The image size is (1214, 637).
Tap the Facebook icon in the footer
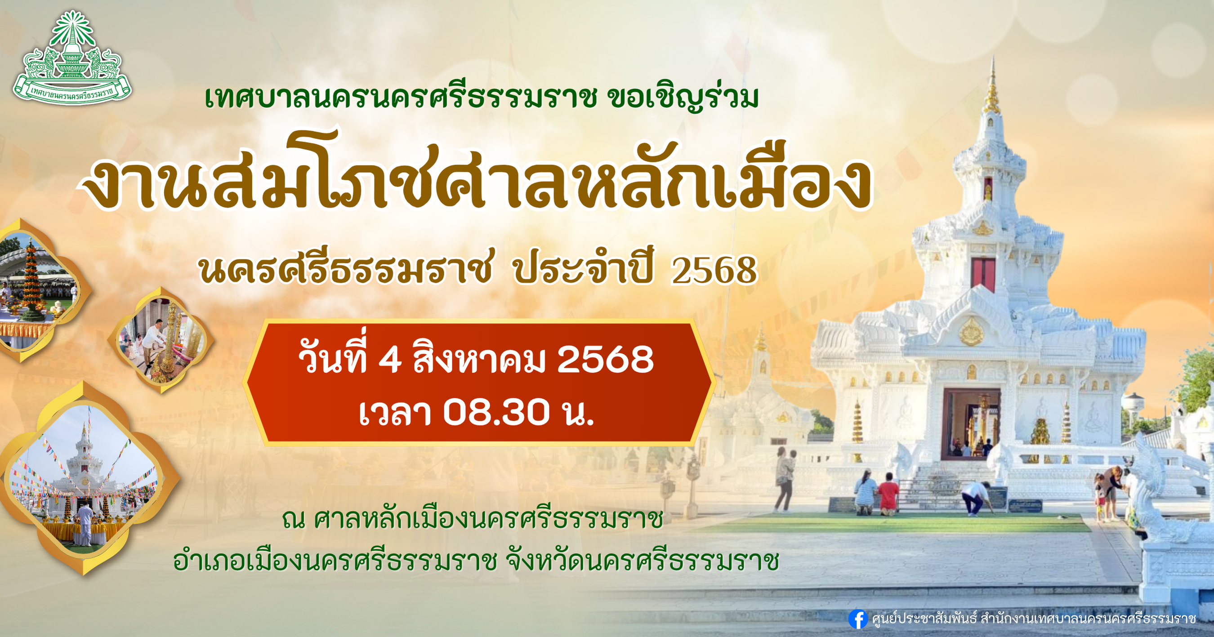[858, 619]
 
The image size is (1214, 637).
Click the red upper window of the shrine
[983, 275]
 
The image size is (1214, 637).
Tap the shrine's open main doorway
[971, 424]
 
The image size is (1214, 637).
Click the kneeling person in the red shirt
[888, 494]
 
